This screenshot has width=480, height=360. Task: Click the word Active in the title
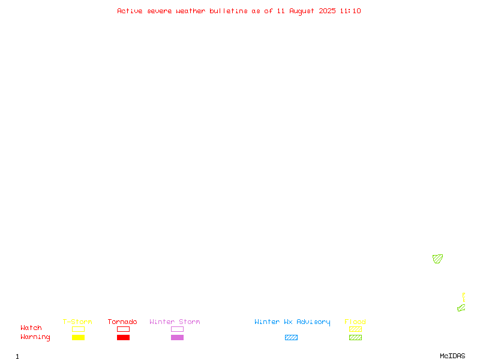(x=130, y=11)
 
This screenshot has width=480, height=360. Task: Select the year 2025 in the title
(x=327, y=11)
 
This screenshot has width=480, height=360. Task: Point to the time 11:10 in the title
(x=350, y=11)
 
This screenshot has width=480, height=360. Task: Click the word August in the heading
(x=302, y=11)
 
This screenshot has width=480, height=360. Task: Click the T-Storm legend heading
(x=77, y=322)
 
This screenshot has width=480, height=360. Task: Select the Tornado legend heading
(x=122, y=322)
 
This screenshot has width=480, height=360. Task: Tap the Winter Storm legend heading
(x=175, y=322)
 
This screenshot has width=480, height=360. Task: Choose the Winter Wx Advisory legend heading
(x=292, y=322)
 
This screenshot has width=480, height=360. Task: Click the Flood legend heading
(x=355, y=322)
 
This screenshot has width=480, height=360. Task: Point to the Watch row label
(x=31, y=328)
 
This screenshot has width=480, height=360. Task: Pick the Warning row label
(x=35, y=337)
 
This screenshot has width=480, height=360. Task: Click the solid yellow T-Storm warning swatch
(x=79, y=337)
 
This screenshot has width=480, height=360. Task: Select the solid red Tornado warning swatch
(x=124, y=337)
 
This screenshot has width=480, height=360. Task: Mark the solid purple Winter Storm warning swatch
(x=177, y=337)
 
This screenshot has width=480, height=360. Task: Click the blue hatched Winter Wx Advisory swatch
(x=291, y=337)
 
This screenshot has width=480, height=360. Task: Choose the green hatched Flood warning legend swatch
(x=355, y=337)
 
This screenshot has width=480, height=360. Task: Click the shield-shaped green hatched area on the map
(x=437, y=259)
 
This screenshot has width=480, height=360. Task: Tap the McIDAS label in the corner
(x=452, y=356)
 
